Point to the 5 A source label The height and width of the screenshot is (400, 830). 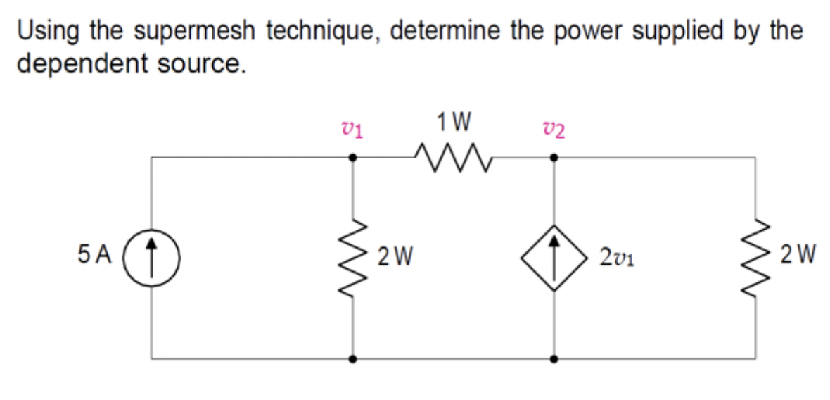pos(96,254)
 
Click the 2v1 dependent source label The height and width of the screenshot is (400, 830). pos(618,255)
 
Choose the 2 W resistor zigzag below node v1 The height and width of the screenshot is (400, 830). pos(352,256)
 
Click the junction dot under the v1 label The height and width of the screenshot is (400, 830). pos(352,158)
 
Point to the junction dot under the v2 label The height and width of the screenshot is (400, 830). pos(554,158)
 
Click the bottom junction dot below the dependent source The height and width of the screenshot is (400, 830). pos(554,358)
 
